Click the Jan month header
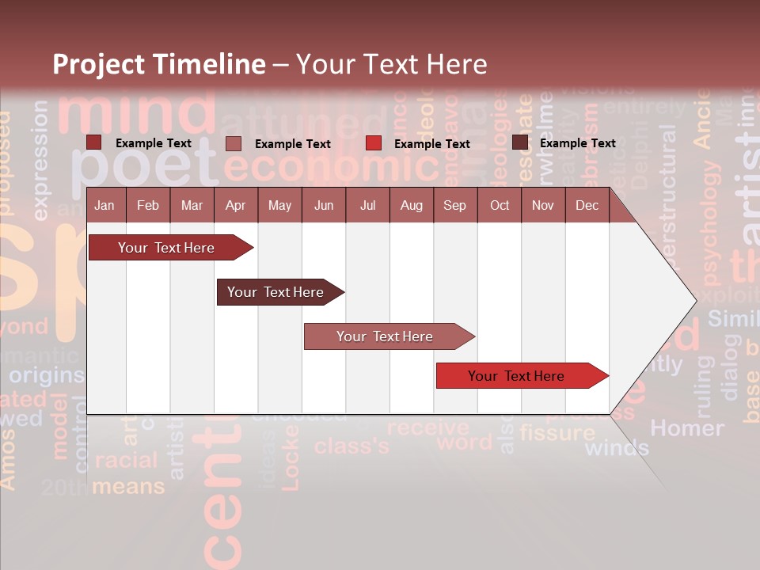(x=104, y=205)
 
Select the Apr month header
(x=235, y=205)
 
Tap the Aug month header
(x=411, y=205)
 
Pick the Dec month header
(x=587, y=205)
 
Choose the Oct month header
(x=500, y=205)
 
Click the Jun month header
(x=323, y=205)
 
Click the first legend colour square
(x=93, y=142)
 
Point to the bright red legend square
(x=374, y=143)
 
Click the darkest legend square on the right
(x=520, y=142)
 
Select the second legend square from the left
(x=233, y=143)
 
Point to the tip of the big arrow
(x=695, y=301)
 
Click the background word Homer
(x=686, y=428)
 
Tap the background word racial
(x=127, y=460)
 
